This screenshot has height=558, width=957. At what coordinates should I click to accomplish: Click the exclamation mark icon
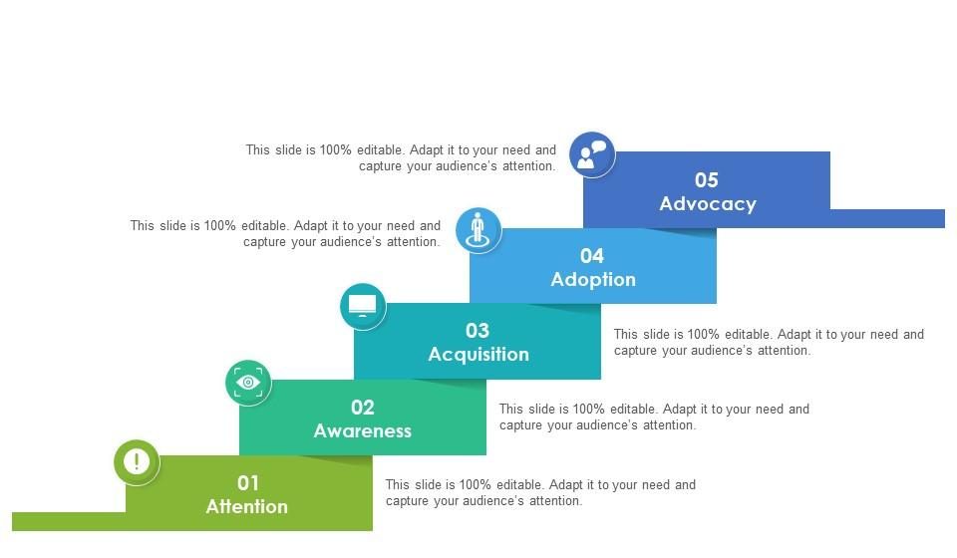pyautogui.click(x=137, y=461)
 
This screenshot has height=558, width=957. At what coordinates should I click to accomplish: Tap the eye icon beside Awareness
pyautogui.click(x=248, y=383)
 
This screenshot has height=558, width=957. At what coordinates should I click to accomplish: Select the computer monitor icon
pyautogui.click(x=363, y=306)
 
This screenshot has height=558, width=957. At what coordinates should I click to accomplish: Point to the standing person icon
pyautogui.click(x=478, y=230)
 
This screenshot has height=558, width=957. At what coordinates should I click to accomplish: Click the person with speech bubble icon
pyautogui.click(x=592, y=154)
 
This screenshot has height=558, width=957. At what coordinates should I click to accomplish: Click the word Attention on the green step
pyautogui.click(x=246, y=506)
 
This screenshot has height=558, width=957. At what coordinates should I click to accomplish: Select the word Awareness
pyautogui.click(x=363, y=430)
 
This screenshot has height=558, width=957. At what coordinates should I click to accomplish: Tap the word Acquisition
pyautogui.click(x=478, y=355)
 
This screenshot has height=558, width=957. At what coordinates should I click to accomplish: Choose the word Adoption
pyautogui.click(x=593, y=279)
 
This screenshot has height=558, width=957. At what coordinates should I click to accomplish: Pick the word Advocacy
pyautogui.click(x=708, y=203)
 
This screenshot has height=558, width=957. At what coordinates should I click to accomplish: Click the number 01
pyautogui.click(x=248, y=483)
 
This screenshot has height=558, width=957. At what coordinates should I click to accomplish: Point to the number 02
pyautogui.click(x=363, y=408)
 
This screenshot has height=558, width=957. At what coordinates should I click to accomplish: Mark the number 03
pyautogui.click(x=478, y=331)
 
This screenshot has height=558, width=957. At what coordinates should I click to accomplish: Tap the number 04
pyautogui.click(x=592, y=255)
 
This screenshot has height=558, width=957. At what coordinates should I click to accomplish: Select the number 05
pyautogui.click(x=707, y=180)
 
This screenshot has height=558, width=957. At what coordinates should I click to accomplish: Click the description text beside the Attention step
pyautogui.click(x=540, y=493)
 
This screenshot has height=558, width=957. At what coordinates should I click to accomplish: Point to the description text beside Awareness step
pyautogui.click(x=654, y=418)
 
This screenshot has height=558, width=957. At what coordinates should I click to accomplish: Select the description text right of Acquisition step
pyautogui.click(x=769, y=342)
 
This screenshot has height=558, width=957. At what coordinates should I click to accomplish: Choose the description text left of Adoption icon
pyautogui.click(x=285, y=233)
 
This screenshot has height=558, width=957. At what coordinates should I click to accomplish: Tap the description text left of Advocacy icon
pyautogui.click(x=401, y=158)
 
